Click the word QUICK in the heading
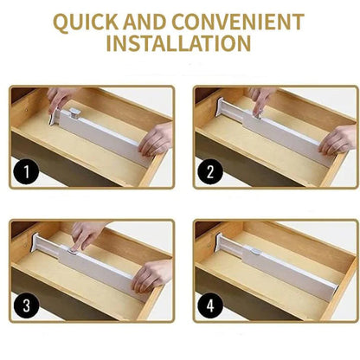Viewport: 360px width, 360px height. [x=86, y=22]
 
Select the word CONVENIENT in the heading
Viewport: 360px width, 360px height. [x=238, y=22]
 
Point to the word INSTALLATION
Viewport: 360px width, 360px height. [x=178, y=43]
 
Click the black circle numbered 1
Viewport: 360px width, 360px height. [x=26, y=171]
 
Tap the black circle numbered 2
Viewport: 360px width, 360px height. [x=210, y=171]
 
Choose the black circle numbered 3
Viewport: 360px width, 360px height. [x=26, y=305]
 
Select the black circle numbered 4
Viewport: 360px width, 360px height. [x=210, y=305]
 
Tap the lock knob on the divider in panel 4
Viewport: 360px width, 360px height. [x=254, y=251]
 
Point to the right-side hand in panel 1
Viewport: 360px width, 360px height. [x=156, y=138]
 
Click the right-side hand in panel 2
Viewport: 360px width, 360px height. [x=337, y=140]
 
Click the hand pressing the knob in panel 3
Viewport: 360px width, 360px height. [x=85, y=235]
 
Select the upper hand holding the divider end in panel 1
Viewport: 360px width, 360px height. [x=59, y=98]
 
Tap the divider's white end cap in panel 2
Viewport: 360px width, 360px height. [x=221, y=106]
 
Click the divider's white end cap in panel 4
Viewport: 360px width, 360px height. [x=221, y=241]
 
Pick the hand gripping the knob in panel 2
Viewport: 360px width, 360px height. [x=261, y=100]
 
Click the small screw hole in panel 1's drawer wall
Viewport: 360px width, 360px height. [x=27, y=110]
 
